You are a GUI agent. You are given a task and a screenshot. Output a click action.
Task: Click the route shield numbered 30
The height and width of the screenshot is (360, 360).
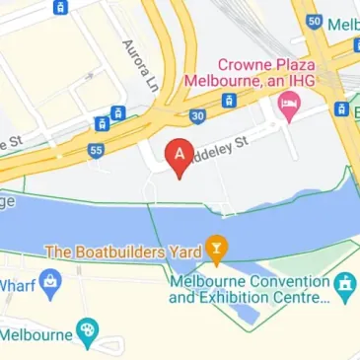pyautogui.click(x=198, y=115)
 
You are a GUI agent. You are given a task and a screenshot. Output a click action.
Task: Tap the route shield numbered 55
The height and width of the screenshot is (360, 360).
pyautogui.click(x=96, y=151)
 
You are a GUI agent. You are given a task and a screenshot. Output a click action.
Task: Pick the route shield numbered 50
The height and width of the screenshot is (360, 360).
pyautogui.click(x=314, y=21)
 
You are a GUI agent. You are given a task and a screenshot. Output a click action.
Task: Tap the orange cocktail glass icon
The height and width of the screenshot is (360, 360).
pyautogui.click(x=216, y=250)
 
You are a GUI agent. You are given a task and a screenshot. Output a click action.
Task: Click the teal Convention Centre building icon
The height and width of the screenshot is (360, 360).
pyautogui.click(x=344, y=287)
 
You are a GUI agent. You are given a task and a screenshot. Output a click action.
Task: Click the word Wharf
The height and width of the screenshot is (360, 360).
pyautogui.click(x=18, y=286)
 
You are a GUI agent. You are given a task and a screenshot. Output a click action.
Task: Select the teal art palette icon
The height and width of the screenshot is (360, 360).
pyautogui.click(x=89, y=332)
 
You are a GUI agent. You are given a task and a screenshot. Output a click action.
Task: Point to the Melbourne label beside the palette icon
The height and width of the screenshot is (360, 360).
pyautogui.click(x=36, y=333)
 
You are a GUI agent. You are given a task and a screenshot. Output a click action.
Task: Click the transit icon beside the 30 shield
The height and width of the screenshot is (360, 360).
pyautogui.click(x=229, y=101)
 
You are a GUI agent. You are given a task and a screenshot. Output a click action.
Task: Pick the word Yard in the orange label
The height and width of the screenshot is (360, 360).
pyautogui.click(x=180, y=252)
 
